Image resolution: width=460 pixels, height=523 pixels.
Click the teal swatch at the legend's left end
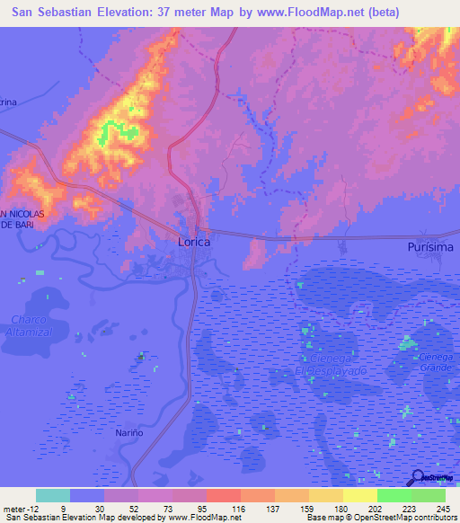pyautogui.click(x=53, y=496)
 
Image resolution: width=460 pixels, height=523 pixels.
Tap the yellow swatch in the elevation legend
pyautogui.click(x=359, y=496)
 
